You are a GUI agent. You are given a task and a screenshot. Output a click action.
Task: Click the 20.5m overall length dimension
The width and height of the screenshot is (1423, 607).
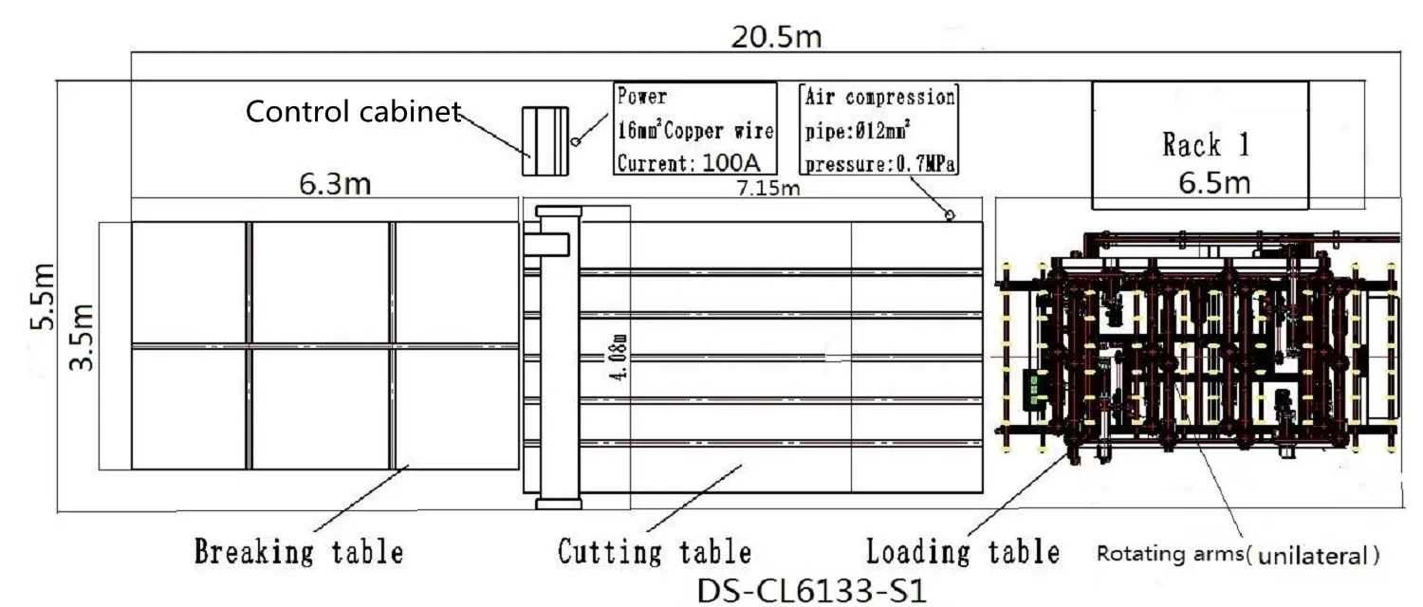[x=776, y=38]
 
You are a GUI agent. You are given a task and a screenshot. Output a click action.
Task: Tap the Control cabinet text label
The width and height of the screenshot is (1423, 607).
[x=353, y=112]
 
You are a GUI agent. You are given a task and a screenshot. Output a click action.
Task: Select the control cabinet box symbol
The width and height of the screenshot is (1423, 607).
[x=545, y=140]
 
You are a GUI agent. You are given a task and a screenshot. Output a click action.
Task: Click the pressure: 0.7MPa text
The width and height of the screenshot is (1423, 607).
[x=879, y=164]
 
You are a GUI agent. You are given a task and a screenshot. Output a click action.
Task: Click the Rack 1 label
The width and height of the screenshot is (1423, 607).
[x=1206, y=144]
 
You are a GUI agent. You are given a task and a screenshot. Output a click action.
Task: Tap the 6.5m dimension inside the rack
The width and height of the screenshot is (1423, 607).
[x=1214, y=182]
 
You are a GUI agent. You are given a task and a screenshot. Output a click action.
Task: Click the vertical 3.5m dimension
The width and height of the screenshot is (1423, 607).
[x=84, y=337]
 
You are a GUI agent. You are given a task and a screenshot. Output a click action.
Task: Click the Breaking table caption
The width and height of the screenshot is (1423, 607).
[x=299, y=551]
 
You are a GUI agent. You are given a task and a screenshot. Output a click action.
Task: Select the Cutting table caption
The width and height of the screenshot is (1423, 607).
[x=655, y=551]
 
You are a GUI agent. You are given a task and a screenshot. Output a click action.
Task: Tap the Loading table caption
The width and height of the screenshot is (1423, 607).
[x=962, y=551]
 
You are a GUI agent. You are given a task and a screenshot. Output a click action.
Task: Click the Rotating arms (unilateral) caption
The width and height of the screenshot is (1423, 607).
[x=1238, y=555]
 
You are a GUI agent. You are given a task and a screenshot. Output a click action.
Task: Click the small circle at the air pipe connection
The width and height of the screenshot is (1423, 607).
[x=950, y=216]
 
